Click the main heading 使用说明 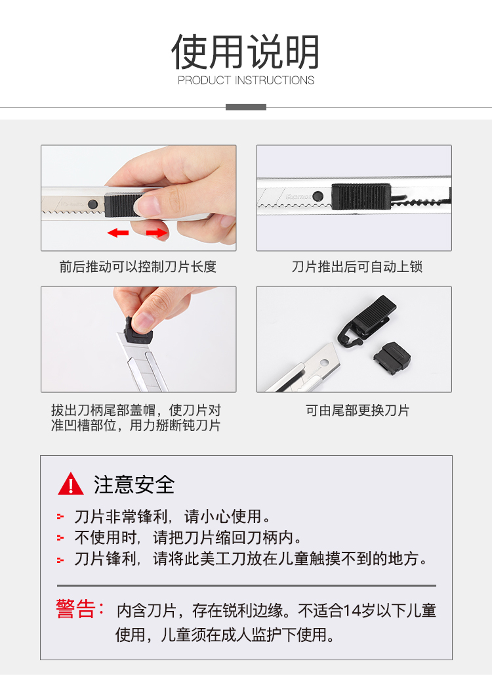pos(245,51)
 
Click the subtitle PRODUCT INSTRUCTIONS pos(246,80)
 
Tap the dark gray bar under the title pos(245,107)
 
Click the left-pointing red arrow pos(118,233)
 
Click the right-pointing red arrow pos(157,233)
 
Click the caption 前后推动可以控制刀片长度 pos(138,267)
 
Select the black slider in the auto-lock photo pos(361,196)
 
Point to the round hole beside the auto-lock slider pos(318,196)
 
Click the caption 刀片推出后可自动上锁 pos(357,267)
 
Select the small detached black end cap pos(392,356)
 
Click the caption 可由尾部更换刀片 pos(357,411)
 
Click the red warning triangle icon pos(71,484)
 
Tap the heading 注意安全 pos(134,485)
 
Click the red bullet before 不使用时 pos(60,538)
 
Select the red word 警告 pos(76,609)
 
